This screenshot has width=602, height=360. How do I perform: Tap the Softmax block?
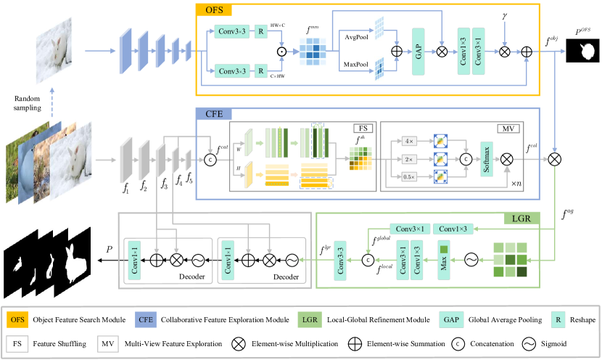pyautogui.click(x=487, y=159)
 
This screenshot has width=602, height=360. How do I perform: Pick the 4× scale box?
pyautogui.click(x=410, y=141)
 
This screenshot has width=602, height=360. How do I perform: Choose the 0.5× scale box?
pyautogui.click(x=410, y=176)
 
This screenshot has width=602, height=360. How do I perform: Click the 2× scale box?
pyautogui.click(x=410, y=159)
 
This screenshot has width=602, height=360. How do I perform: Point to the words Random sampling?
pyautogui.click(x=28, y=102)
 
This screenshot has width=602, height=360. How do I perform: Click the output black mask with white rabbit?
pyautogui.click(x=582, y=51)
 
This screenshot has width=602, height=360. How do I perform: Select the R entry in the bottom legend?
pyautogui.click(x=558, y=319)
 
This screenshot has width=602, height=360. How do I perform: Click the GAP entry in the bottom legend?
pyautogui.click(x=451, y=319)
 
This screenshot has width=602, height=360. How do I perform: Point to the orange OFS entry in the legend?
pyautogui.click(x=17, y=319)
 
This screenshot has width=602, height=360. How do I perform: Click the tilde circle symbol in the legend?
pyautogui.click(x=529, y=343)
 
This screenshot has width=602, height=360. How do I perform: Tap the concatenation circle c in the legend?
pyautogui.click(x=458, y=343)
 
